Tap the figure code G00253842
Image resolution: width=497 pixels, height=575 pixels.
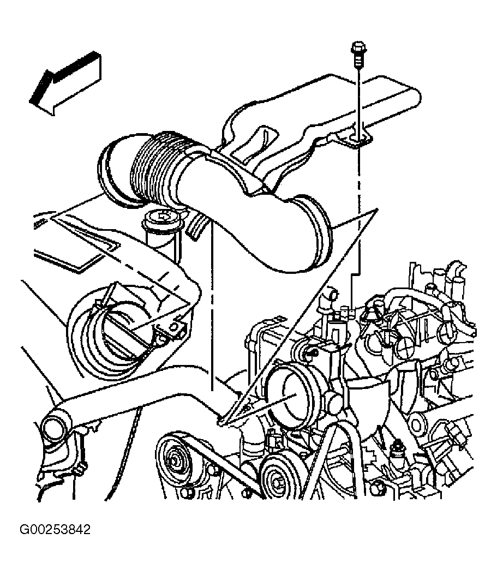click(55, 530)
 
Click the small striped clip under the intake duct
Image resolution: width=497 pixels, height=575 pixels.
click(196, 224)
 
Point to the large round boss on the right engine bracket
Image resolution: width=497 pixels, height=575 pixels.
click(417, 424)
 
